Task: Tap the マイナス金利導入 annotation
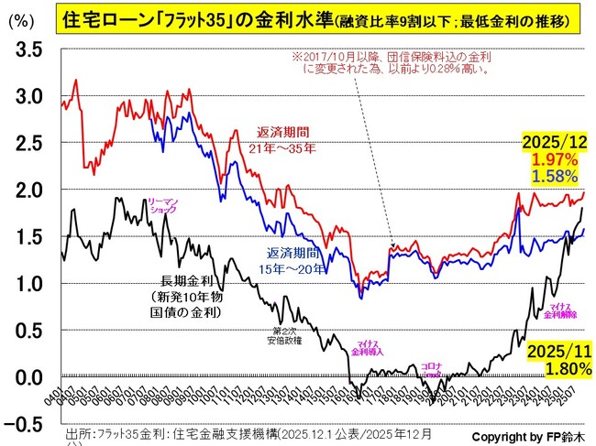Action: click(366, 348)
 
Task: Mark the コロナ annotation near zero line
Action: click(432, 364)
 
